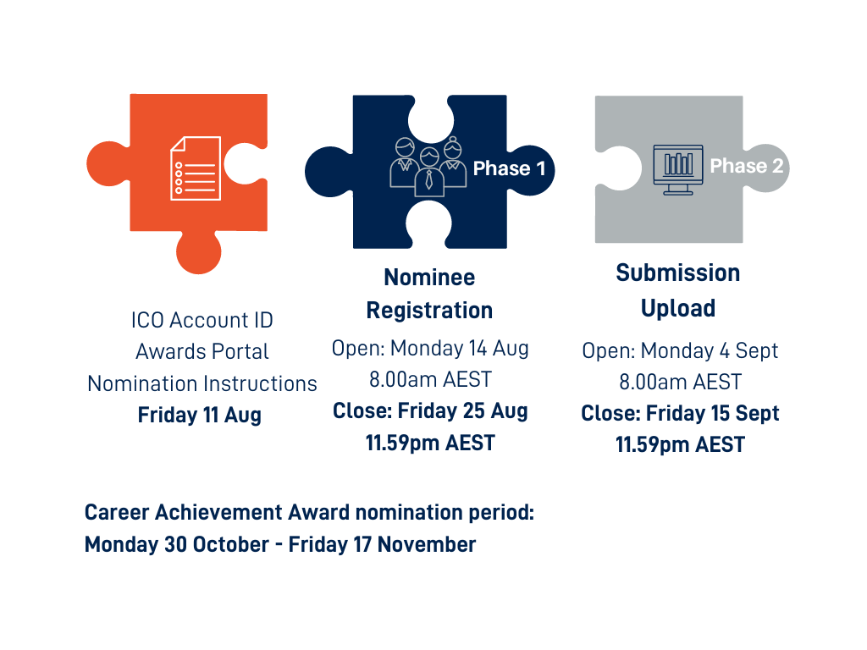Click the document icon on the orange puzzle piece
click(x=196, y=168)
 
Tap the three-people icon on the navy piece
click(x=428, y=167)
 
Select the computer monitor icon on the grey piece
click(x=678, y=169)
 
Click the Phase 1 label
click(x=509, y=168)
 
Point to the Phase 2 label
click(x=747, y=166)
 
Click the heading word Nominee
click(x=429, y=278)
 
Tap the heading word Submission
click(x=678, y=273)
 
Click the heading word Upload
click(x=678, y=309)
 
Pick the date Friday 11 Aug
click(x=200, y=415)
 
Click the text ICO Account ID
click(x=202, y=320)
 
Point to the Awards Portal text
click(x=202, y=351)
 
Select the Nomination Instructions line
click(x=202, y=383)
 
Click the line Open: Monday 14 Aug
click(x=430, y=349)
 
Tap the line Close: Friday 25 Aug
click(x=430, y=411)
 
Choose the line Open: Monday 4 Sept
click(x=680, y=351)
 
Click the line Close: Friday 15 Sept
click(x=680, y=413)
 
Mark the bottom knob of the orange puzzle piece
click(x=199, y=252)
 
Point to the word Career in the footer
click(x=117, y=513)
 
